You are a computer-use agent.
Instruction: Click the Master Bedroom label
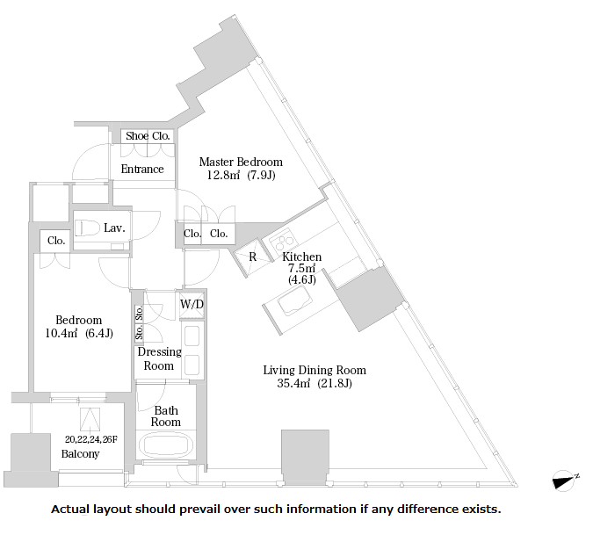pos(241,162)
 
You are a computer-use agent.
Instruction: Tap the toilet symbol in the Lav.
pos(87,228)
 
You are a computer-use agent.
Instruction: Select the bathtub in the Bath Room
pos(166,445)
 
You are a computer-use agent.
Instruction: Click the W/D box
pos(192,304)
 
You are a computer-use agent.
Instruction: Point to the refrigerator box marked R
pos(253,257)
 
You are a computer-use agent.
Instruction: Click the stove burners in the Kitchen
pos(283,241)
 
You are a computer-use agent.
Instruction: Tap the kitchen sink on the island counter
pos(295,300)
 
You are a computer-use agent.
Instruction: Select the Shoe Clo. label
pos(148,136)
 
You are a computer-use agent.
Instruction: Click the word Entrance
pos(142,169)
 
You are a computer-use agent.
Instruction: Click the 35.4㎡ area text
pos(293,383)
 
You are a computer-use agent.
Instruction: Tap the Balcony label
pos(80,453)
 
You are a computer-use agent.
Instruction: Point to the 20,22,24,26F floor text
pos(91,439)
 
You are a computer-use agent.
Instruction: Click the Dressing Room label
pos(159,358)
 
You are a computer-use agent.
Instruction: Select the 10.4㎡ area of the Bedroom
pos(61,333)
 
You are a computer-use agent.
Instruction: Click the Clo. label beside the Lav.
pos(56,241)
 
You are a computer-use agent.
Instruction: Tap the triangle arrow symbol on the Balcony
pos(90,420)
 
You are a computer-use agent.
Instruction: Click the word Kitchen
pos(302,257)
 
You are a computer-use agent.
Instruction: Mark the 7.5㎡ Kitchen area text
pos(302,268)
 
